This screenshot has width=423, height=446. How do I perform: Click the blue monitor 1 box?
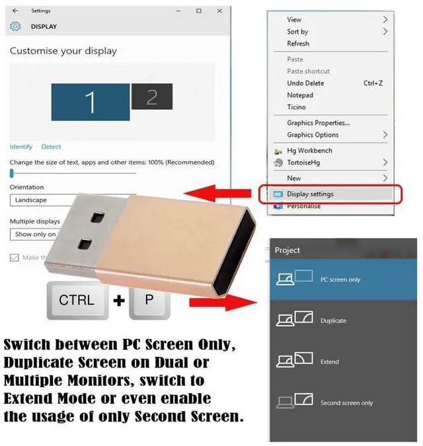click(91, 102)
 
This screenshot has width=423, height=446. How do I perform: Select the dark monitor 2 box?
click(151, 97)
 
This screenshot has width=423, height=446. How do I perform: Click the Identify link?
click(21, 147)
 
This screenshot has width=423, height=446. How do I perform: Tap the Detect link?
click(51, 147)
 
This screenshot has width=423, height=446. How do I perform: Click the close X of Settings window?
click(218, 11)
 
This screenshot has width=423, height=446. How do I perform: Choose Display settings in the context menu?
click(310, 194)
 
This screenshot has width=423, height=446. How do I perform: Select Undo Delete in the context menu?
click(305, 83)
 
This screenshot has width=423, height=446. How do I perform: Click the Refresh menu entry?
click(298, 44)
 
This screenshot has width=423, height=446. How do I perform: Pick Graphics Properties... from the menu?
click(318, 123)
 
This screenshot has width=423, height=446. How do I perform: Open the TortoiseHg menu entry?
click(304, 163)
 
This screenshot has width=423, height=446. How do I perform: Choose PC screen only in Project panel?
click(340, 279)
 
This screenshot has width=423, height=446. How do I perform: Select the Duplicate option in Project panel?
click(333, 320)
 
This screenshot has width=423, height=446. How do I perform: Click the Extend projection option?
click(329, 361)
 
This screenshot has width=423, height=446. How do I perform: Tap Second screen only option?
click(346, 402)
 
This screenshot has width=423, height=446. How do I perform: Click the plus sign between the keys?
click(119, 301)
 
